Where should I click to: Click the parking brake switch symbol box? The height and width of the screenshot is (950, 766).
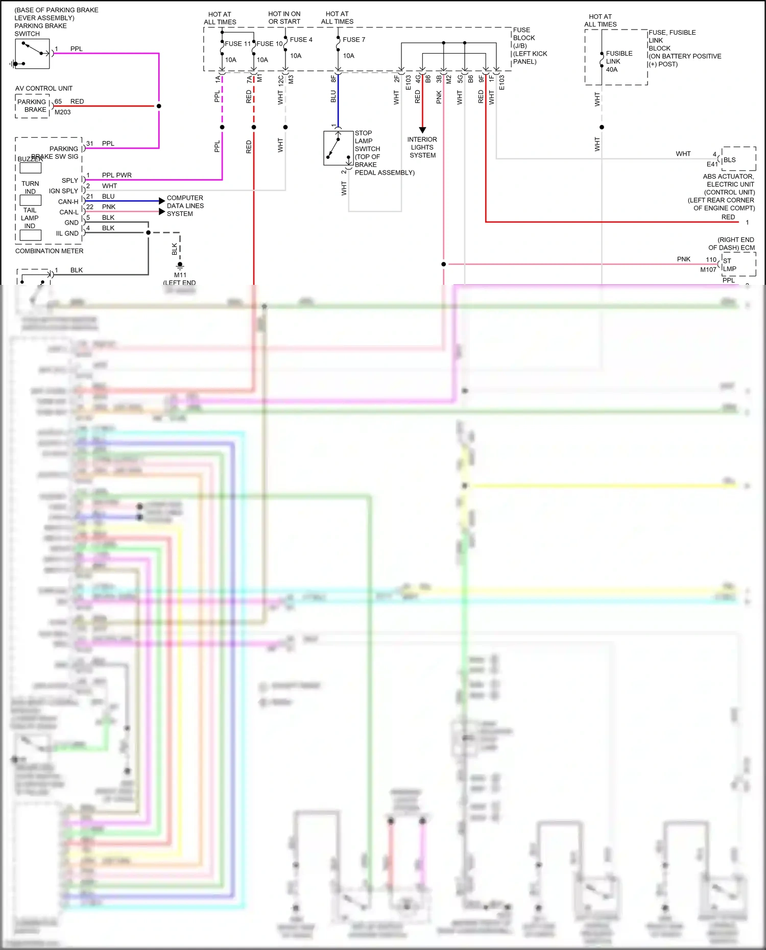[32, 54]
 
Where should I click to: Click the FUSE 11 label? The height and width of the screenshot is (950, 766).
[237, 44]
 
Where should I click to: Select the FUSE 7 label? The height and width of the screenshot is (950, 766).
[354, 40]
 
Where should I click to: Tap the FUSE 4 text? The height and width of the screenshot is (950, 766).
[301, 40]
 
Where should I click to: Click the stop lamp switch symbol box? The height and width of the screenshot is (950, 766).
[338, 149]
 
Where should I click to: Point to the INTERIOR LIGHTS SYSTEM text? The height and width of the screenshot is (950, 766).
[422, 148]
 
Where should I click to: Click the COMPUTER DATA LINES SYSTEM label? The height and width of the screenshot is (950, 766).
[185, 206]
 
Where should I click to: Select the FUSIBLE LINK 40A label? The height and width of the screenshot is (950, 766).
[619, 61]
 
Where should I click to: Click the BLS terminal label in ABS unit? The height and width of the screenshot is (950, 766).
[729, 160]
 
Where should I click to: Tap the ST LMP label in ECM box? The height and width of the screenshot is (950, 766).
[729, 264]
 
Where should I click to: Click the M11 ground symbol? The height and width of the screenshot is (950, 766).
[180, 266]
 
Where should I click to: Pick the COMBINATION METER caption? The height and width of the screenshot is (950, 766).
[49, 251]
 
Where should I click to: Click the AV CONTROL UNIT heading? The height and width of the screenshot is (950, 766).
[44, 88]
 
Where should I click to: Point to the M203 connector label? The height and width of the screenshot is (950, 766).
[62, 112]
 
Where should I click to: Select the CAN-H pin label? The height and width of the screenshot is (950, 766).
[68, 202]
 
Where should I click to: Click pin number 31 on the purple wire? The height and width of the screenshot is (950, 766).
[89, 143]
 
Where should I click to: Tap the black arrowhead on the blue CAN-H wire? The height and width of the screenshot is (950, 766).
[162, 201]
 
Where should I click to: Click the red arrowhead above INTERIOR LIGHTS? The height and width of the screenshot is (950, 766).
[422, 130]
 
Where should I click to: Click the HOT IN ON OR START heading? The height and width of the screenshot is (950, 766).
[284, 18]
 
